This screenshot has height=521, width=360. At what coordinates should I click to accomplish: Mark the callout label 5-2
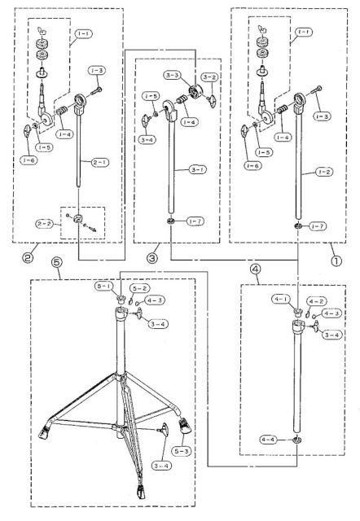[140, 288]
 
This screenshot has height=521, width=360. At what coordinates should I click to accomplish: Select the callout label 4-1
[283, 300]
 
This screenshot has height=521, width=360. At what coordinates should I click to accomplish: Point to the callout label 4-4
[270, 439]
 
